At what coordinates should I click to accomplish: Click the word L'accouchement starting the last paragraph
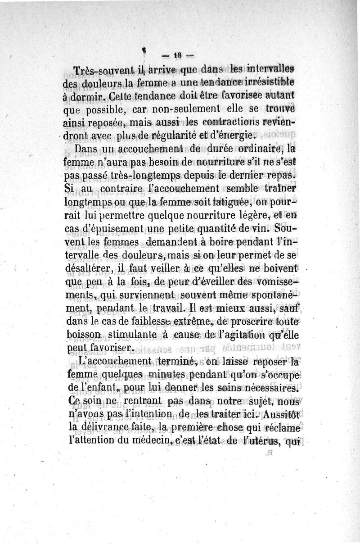click(117, 363)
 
